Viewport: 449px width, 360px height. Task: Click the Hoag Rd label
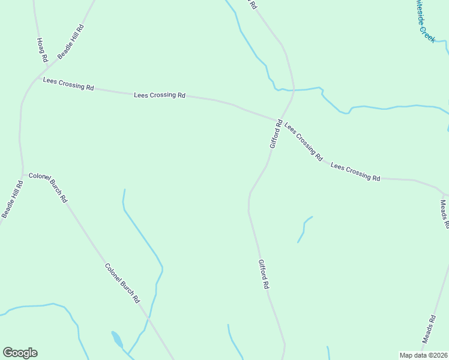pyautogui.click(x=41, y=50)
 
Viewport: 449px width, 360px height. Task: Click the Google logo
pyautogui.click(x=20, y=353)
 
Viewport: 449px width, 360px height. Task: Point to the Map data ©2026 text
pyautogui.click(x=424, y=355)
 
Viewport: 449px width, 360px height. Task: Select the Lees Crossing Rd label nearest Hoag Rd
pyautogui.click(x=68, y=83)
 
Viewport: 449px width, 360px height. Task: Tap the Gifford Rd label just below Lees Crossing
pyautogui.click(x=276, y=134)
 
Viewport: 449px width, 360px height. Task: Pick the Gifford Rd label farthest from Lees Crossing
pyautogui.click(x=264, y=274)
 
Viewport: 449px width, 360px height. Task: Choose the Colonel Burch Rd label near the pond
pyautogui.click(x=122, y=283)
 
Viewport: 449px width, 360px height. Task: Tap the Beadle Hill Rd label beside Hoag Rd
pyautogui.click(x=71, y=41)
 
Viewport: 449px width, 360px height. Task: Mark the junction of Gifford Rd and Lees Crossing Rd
pyautogui.click(x=279, y=119)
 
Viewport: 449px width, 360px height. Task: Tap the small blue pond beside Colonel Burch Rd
pyautogui.click(x=117, y=340)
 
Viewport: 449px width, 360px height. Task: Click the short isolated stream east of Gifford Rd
pyautogui.click(x=304, y=229)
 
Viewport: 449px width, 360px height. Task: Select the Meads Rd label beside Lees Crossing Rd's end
pyautogui.click(x=445, y=214)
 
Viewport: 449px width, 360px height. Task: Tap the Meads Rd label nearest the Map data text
pyautogui.click(x=428, y=329)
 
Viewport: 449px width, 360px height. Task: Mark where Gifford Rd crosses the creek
pyautogui.click(x=294, y=91)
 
